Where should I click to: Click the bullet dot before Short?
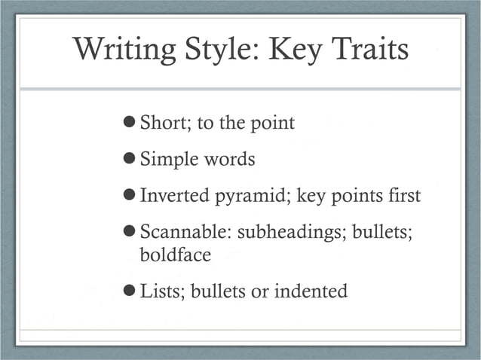click(129, 122)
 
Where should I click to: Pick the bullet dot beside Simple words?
click(129, 159)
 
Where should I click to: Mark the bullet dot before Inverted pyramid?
click(129, 196)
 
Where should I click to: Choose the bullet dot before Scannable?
click(129, 233)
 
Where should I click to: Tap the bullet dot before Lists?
click(129, 291)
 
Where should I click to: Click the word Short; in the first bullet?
click(166, 123)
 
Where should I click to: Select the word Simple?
click(167, 160)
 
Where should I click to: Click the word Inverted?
click(176, 197)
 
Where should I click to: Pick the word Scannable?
click(185, 233)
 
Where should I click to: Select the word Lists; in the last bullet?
click(163, 291)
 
